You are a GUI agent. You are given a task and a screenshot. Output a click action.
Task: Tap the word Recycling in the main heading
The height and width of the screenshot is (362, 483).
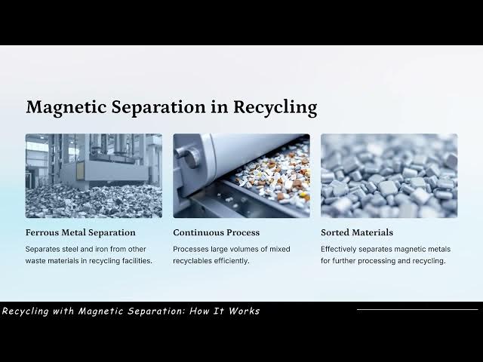tap(275, 107)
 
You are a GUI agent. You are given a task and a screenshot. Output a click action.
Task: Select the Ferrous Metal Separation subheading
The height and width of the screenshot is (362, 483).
tap(80, 232)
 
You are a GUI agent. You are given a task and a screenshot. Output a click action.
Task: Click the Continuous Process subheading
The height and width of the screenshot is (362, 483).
tap(216, 232)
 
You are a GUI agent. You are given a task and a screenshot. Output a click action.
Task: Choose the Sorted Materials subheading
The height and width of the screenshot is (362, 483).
tap(356, 232)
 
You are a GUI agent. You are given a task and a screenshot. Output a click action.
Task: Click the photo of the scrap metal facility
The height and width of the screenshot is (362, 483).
tap(94, 176)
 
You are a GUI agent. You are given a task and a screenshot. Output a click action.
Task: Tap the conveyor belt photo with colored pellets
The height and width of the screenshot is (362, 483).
tap(241, 176)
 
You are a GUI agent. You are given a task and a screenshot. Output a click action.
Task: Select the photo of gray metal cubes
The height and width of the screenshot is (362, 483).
tap(389, 176)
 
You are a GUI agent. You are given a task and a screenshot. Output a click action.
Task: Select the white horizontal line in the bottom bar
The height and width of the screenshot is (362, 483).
tap(417, 309)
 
